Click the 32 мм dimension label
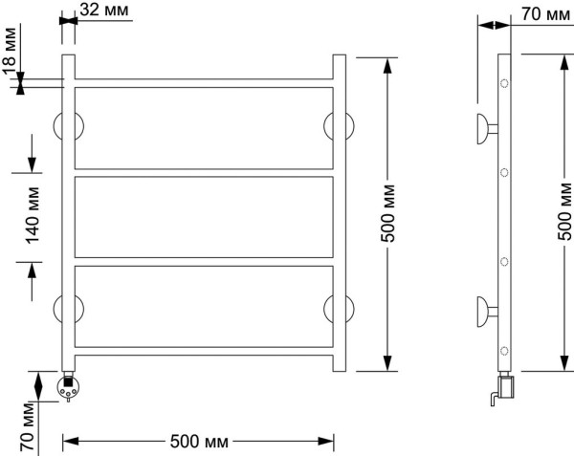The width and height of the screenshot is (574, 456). click(104, 10)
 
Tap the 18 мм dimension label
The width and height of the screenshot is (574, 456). click(10, 52)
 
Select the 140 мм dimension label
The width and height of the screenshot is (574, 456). click(33, 215)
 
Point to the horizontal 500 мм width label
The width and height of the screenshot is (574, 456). click(199, 442)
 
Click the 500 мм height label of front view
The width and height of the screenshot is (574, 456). click(388, 213)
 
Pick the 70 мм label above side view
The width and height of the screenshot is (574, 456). click(545, 14)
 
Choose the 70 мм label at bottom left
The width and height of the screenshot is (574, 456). click(28, 426)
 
